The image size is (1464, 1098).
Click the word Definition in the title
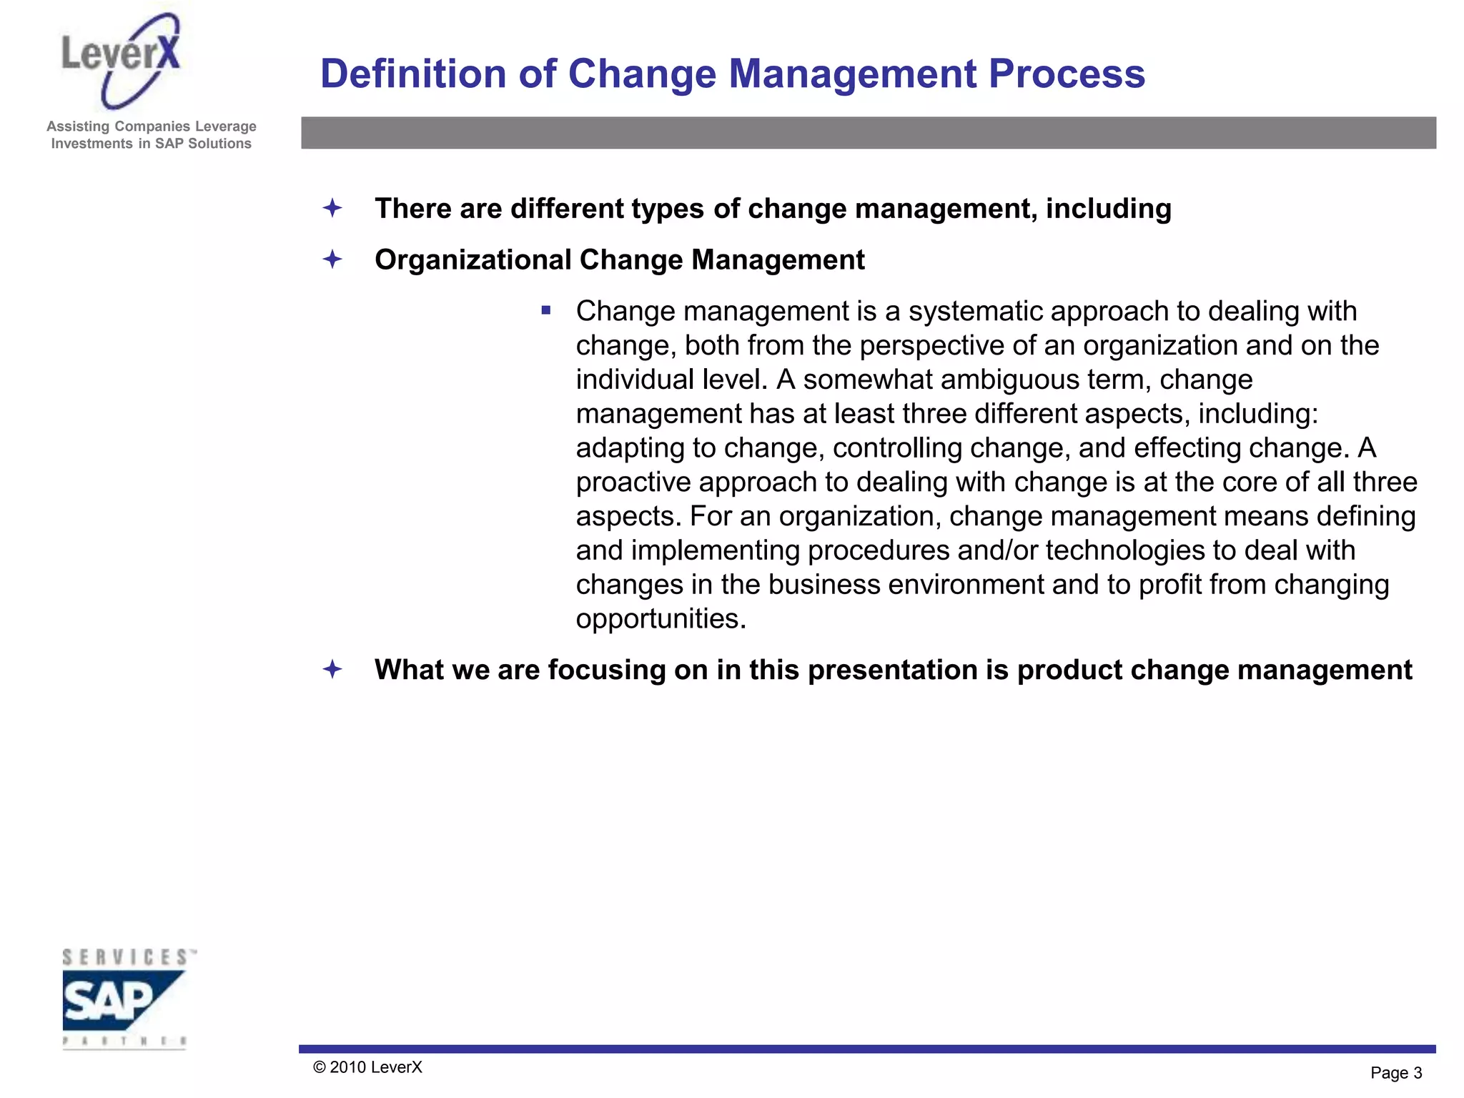[x=413, y=74]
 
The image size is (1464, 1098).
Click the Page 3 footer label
[x=1395, y=1073]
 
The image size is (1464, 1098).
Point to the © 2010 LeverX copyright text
[x=367, y=1067]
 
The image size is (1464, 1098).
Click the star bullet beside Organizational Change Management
[x=332, y=259]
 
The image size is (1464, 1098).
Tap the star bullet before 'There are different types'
[x=332, y=209]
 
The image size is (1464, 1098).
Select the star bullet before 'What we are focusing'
[x=332, y=670]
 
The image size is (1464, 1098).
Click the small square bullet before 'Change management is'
[x=546, y=310]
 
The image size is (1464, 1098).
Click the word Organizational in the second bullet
[x=473, y=260]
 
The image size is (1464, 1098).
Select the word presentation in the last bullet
[x=892, y=671]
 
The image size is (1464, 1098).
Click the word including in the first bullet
[x=1108, y=209]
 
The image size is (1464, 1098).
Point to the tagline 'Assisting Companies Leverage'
[x=151, y=127]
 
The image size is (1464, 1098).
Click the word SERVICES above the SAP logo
[x=125, y=957]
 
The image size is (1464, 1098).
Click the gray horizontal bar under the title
[x=868, y=133]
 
